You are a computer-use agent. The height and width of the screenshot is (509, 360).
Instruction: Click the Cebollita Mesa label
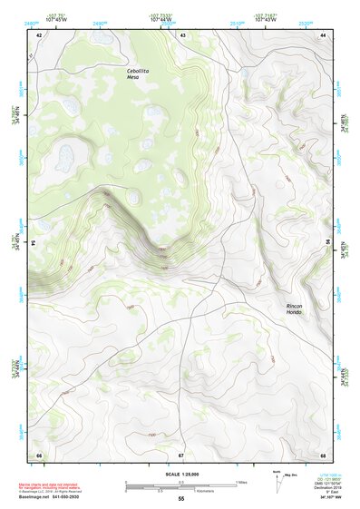pyautogui.click(x=139, y=73)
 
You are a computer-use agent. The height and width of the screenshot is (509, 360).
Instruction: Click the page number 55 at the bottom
pyautogui.click(x=181, y=499)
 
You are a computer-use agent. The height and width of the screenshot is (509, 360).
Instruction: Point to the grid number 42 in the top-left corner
pyautogui.click(x=39, y=34)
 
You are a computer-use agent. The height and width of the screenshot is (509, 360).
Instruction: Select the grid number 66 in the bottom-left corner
pyautogui.click(x=39, y=454)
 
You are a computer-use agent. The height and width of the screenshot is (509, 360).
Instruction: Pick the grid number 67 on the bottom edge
pyautogui.click(x=181, y=454)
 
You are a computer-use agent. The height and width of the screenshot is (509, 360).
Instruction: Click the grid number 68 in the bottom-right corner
pyautogui.click(x=323, y=454)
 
